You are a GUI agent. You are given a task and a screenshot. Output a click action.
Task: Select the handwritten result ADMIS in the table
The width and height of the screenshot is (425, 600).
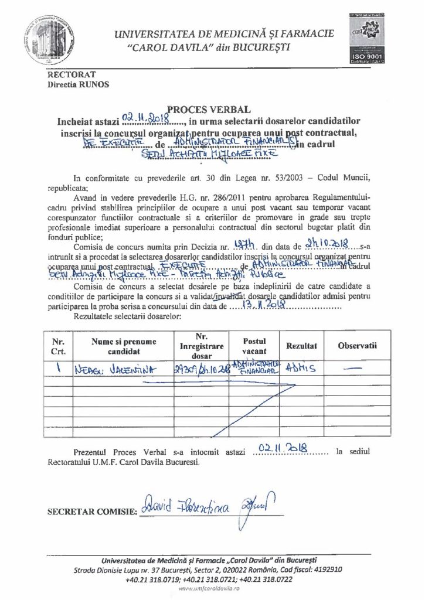pos(300,369)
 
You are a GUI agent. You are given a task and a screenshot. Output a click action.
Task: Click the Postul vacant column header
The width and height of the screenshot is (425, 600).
pos(254,346)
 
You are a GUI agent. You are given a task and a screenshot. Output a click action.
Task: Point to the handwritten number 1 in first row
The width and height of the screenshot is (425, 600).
pos(59,369)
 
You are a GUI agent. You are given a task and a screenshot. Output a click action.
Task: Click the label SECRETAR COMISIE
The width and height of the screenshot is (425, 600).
pos(91,511)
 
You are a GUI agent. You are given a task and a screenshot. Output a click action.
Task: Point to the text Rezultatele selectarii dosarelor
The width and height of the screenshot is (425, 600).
pos(128,316)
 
